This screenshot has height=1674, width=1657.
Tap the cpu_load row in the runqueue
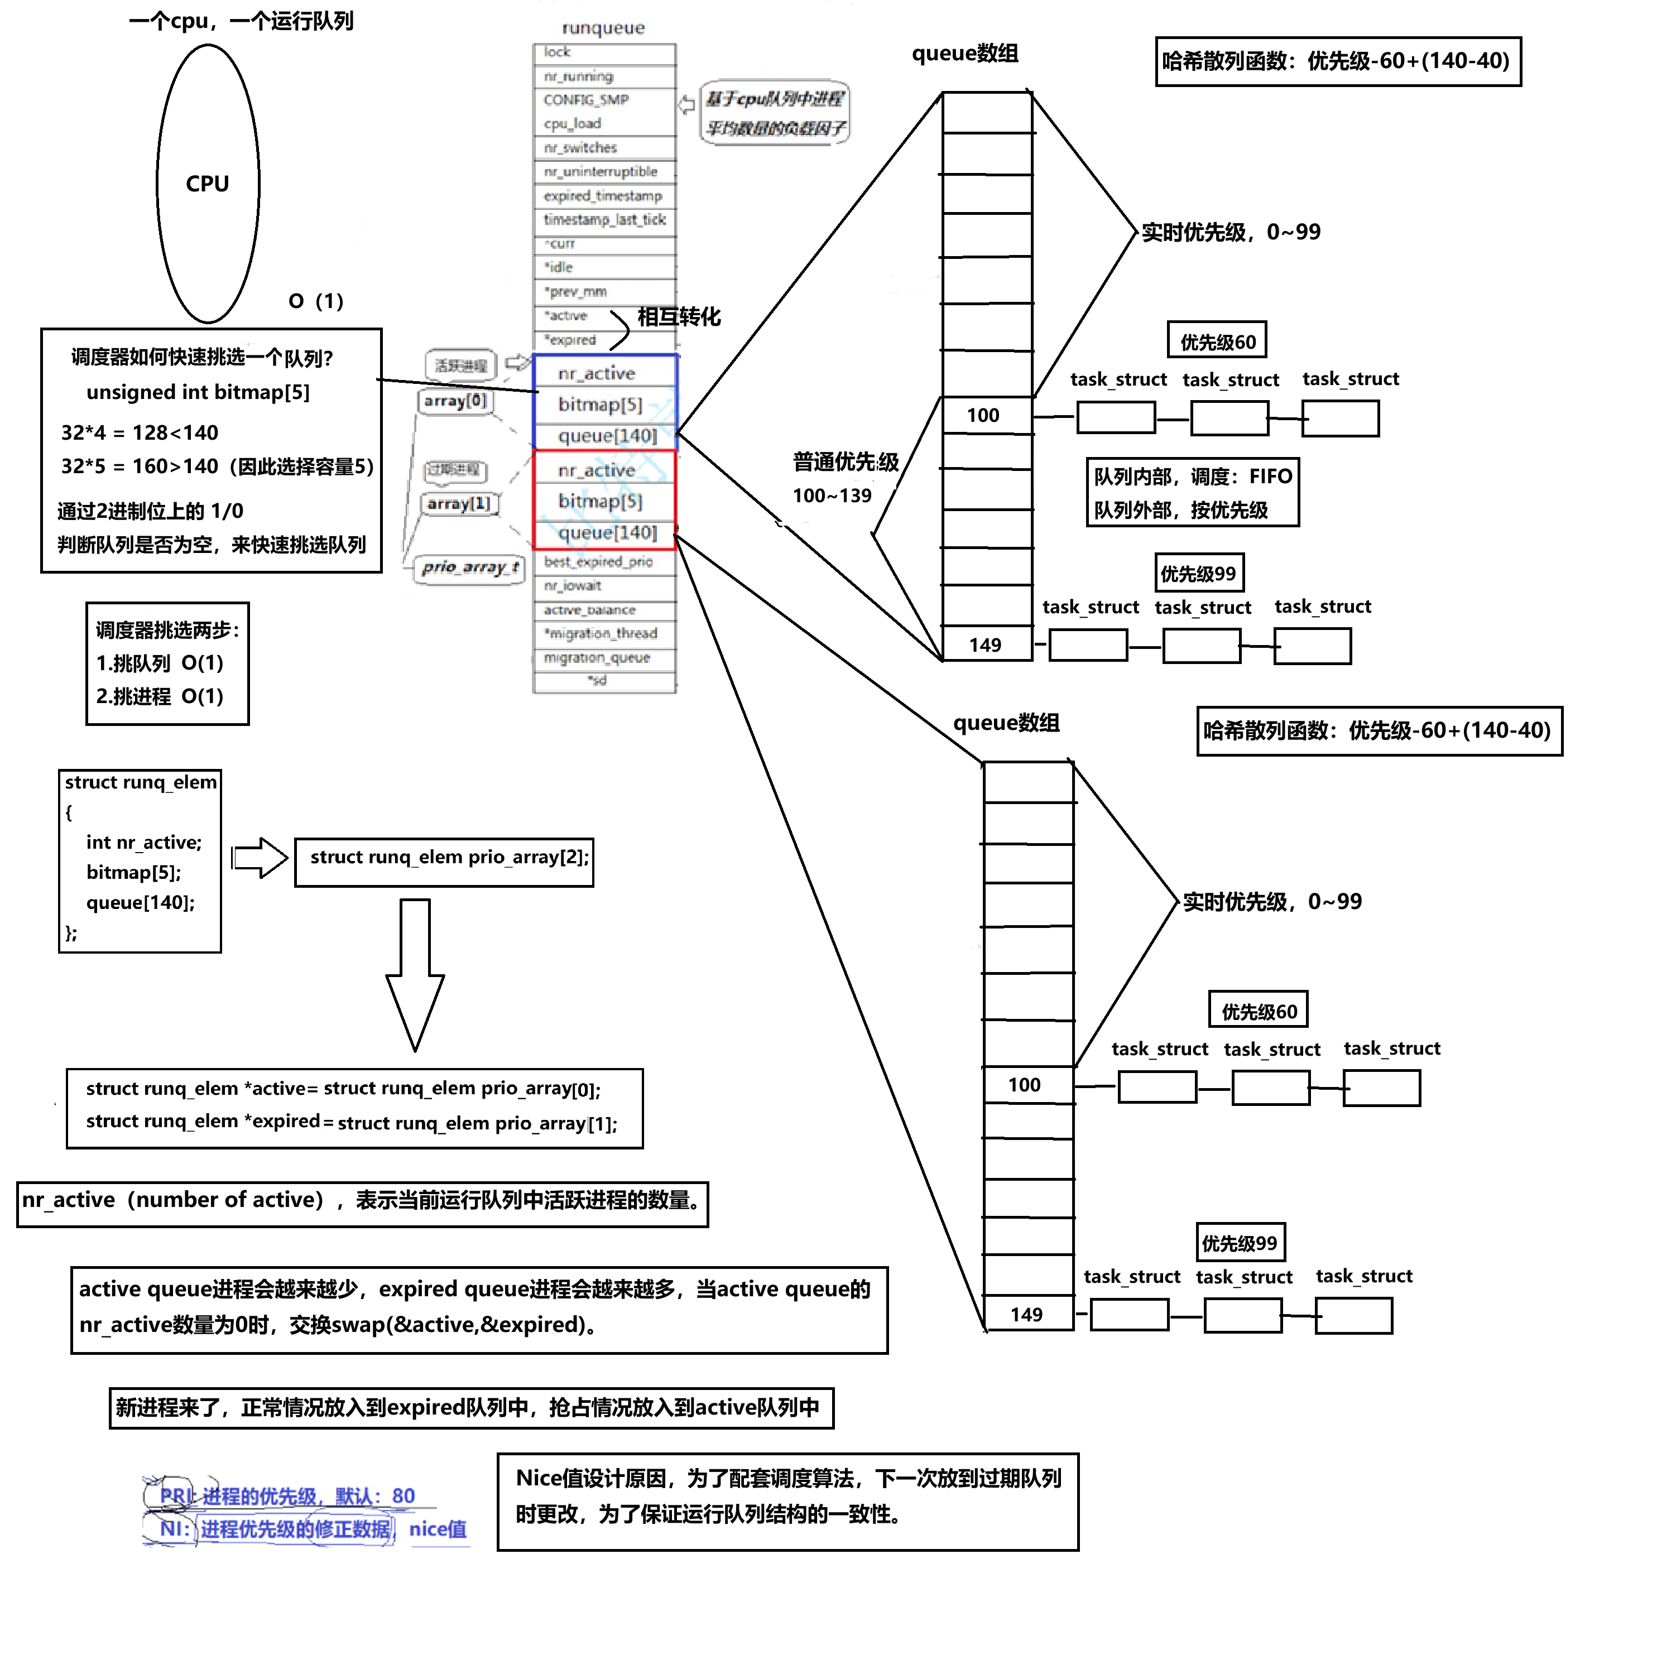point(603,124)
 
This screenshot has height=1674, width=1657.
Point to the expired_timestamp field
point(603,196)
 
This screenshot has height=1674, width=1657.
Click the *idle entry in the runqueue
point(603,267)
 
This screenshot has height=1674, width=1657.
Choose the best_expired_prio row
point(603,561)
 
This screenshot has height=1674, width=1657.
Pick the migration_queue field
point(603,658)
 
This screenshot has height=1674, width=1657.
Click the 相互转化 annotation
point(679,316)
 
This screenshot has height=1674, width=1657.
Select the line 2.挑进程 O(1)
point(160,696)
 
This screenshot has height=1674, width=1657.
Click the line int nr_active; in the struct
point(144,842)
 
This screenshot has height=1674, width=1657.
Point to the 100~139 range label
point(832,496)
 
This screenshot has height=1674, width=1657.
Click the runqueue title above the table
point(603,28)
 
